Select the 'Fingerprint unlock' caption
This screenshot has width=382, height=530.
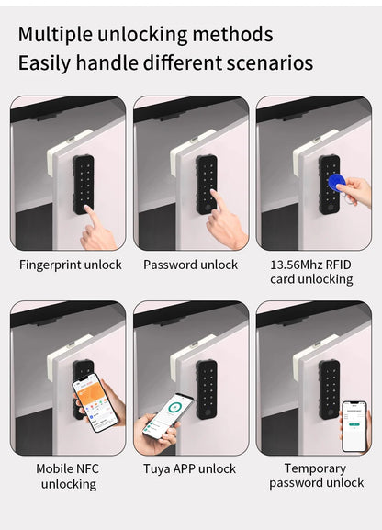pos(71,265)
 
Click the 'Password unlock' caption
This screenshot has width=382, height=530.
pos(190,265)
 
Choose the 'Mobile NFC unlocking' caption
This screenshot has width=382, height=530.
pos(67,476)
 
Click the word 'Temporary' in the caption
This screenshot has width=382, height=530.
pos(315,468)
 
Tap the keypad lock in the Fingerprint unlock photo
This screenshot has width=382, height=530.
pos(84,184)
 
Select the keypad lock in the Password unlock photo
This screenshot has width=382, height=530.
pos(207,184)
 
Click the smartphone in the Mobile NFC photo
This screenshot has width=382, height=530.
pos(95,401)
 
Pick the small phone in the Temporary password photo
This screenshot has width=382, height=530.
pos(354,425)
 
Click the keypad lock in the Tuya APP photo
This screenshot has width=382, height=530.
pos(207,389)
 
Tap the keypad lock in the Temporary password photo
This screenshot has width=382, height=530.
pos(329,389)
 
